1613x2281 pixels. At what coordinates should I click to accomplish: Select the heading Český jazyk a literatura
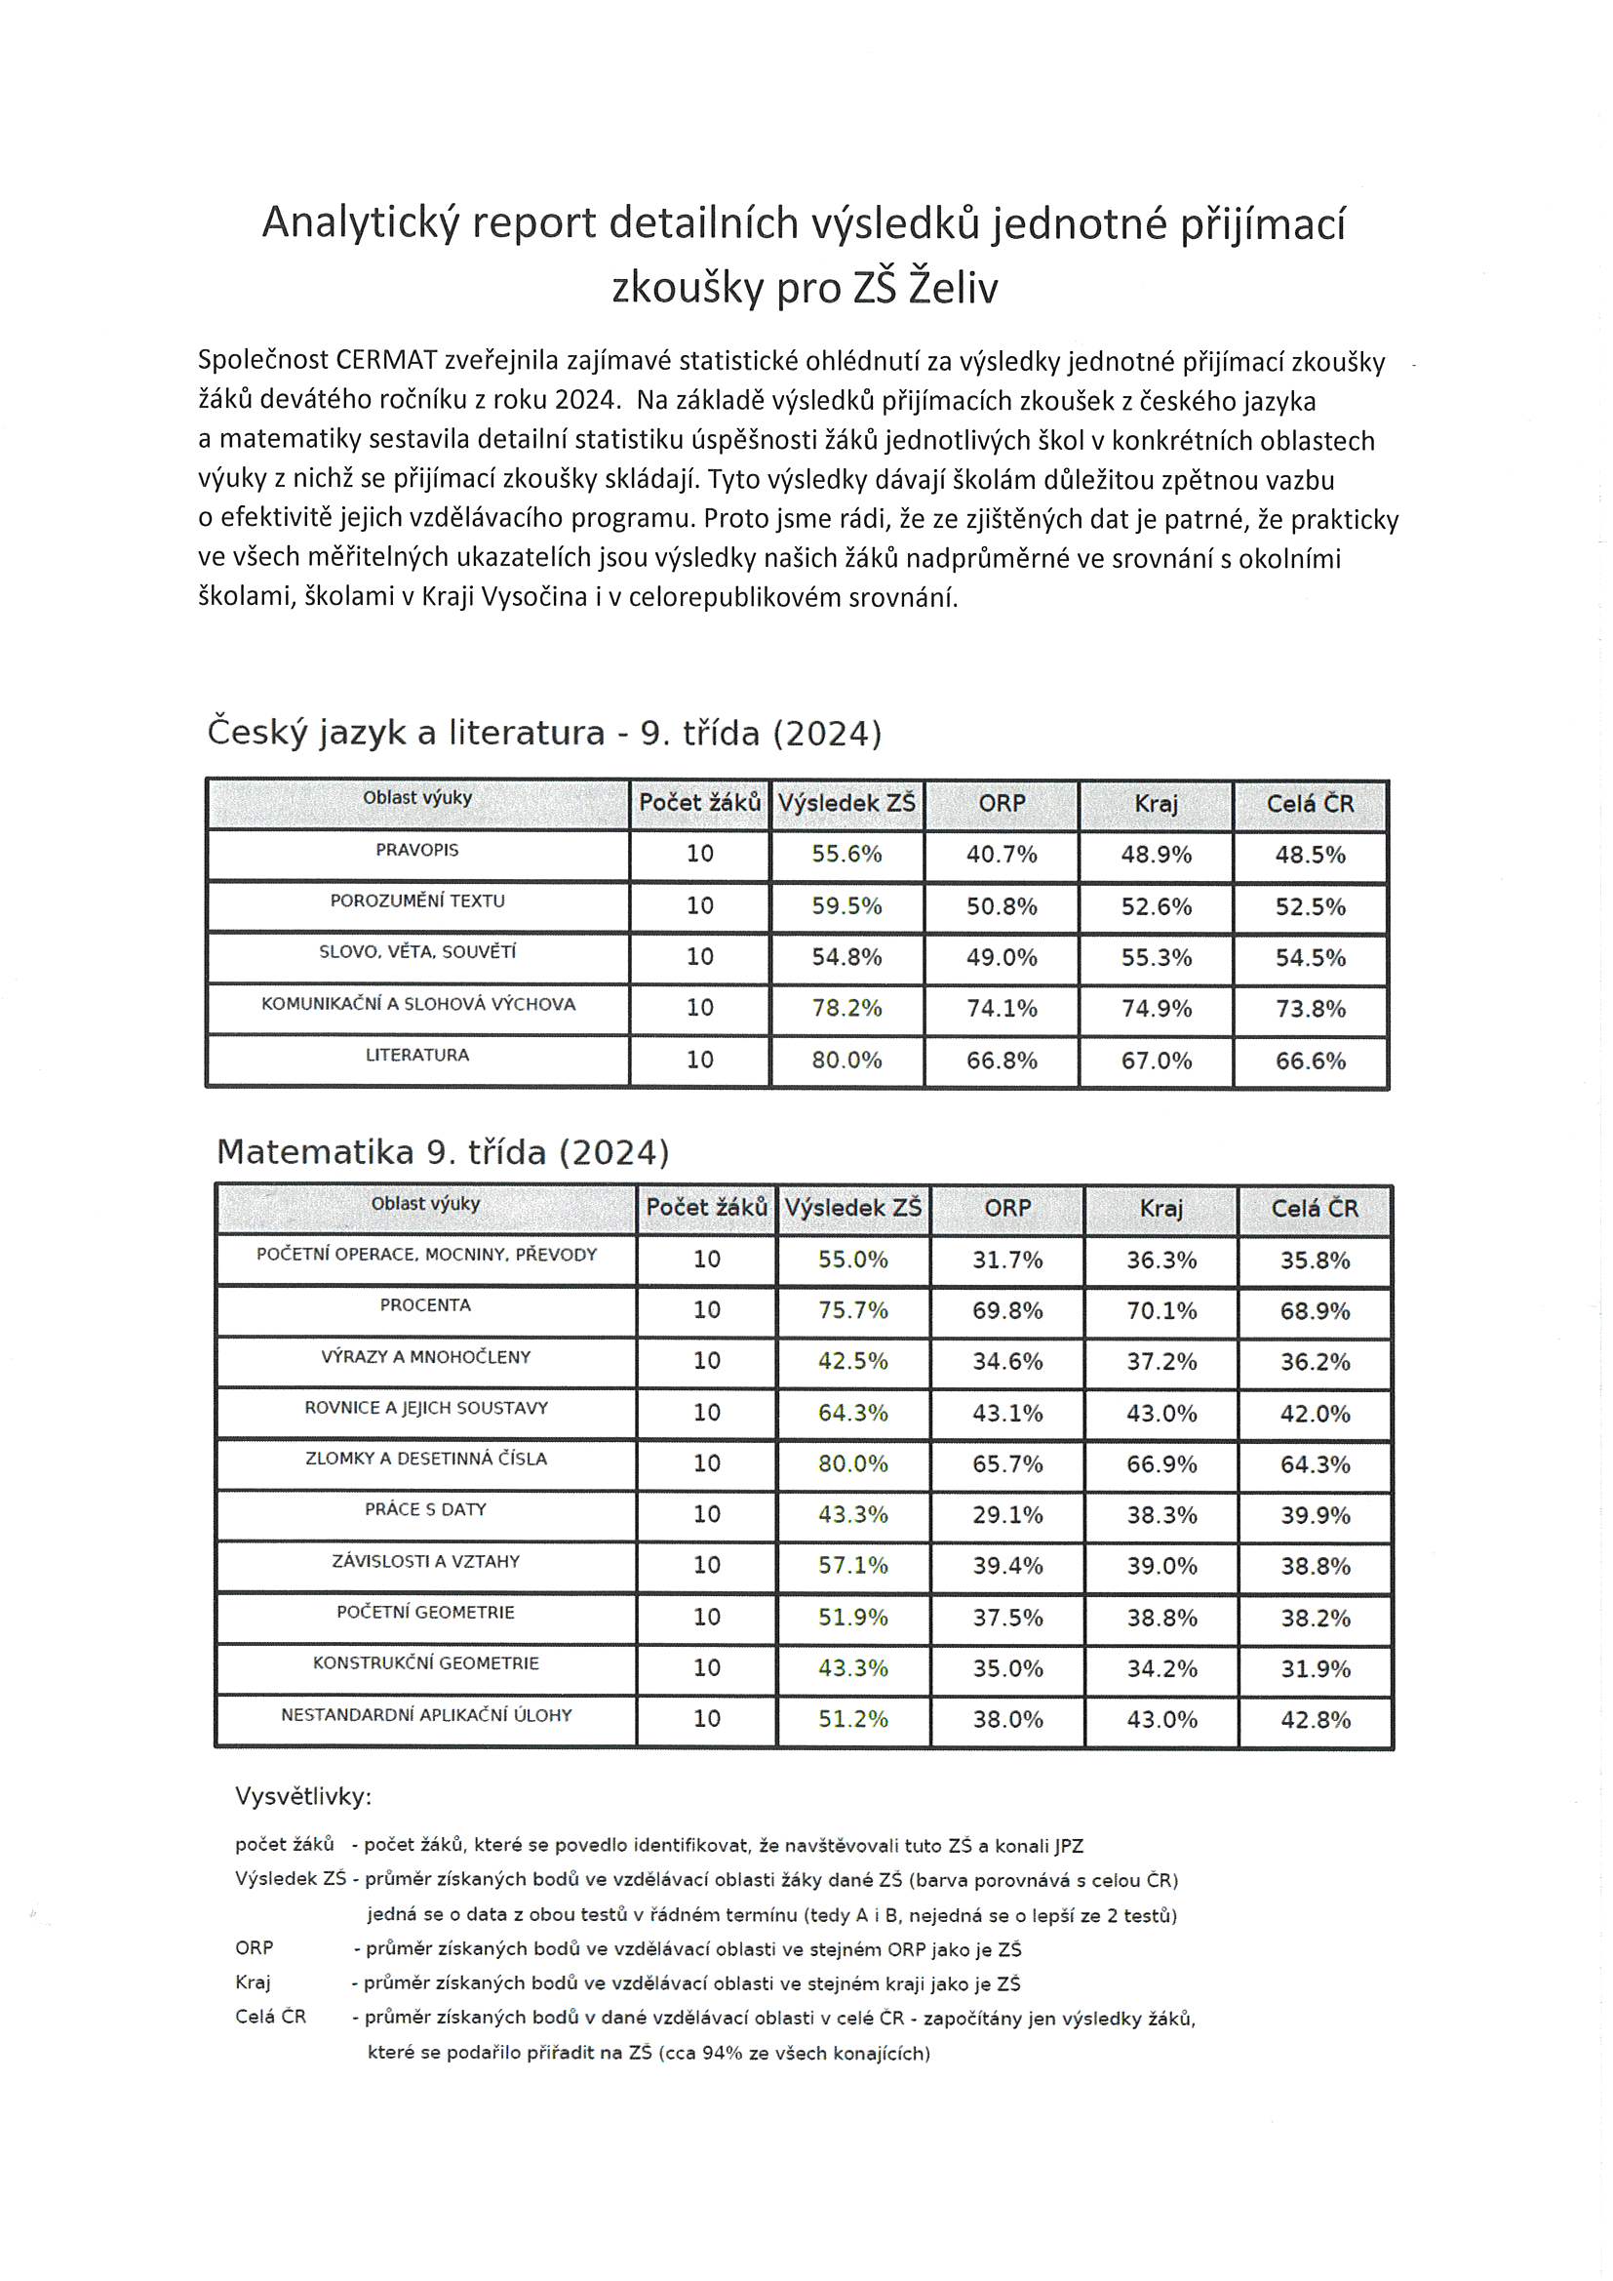[406, 734]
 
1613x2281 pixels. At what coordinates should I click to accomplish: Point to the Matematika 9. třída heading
[442, 1152]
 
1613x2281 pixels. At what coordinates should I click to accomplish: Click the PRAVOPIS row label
[417, 851]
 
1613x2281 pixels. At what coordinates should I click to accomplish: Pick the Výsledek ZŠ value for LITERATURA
[846, 1060]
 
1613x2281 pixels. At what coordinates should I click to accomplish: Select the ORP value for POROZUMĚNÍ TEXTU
[1002, 906]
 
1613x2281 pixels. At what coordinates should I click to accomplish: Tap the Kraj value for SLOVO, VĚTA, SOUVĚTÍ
[1157, 958]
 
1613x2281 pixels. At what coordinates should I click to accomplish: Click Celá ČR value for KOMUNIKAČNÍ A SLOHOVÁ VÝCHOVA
[1310, 1010]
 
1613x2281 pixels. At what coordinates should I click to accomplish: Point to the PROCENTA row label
[425, 1305]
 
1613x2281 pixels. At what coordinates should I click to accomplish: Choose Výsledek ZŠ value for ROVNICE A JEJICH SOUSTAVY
[852, 1413]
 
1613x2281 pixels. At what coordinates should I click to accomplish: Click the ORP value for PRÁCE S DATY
[1007, 1515]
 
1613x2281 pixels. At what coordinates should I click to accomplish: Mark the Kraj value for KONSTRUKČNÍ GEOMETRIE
[1161, 1668]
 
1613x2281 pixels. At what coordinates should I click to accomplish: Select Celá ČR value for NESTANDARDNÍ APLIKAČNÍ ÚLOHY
[1315, 1720]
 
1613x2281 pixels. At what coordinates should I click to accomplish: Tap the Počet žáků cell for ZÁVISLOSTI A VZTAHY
[706, 1565]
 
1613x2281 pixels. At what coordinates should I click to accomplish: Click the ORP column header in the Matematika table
[1007, 1208]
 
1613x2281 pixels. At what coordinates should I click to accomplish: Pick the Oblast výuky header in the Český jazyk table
[417, 798]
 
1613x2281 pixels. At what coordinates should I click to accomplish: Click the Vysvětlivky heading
[303, 1796]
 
